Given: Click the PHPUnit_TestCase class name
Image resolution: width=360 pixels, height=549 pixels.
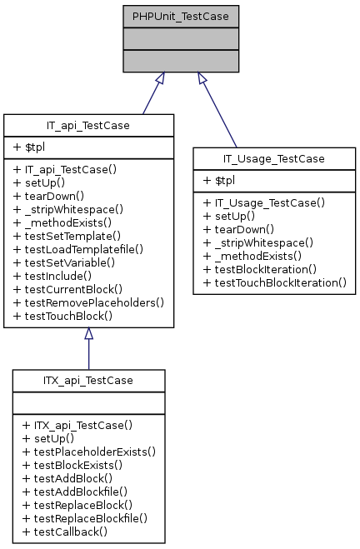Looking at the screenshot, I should click(181, 15).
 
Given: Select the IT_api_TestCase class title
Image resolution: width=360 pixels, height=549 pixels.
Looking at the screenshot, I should click(88, 125).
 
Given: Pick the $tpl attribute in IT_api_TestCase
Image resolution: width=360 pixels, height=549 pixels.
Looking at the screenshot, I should click(32, 147).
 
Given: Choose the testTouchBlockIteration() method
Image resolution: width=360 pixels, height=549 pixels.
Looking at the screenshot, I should click(274, 282).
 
